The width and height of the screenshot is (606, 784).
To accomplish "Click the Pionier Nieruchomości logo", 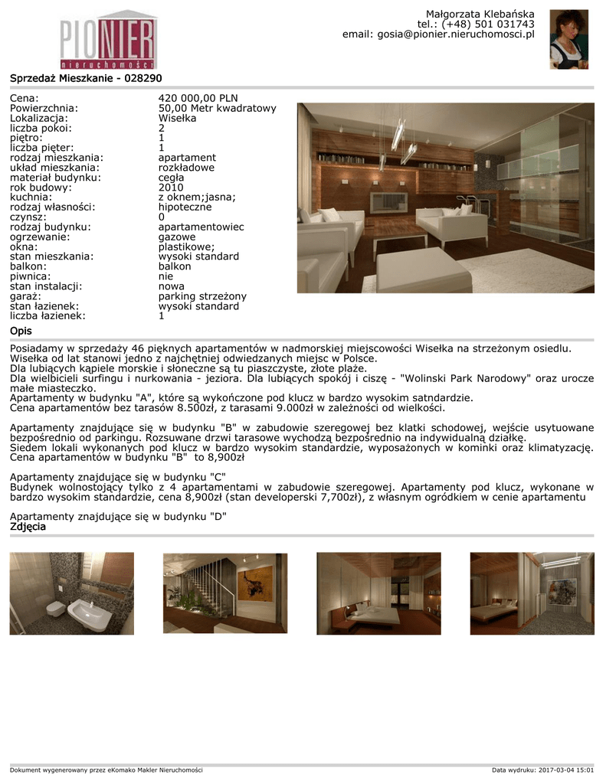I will [108, 38].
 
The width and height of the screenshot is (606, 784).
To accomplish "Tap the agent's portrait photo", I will [568, 39].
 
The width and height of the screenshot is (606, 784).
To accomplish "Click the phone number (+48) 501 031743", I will [488, 24].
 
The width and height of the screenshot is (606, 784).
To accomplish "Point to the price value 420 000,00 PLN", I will [198, 99].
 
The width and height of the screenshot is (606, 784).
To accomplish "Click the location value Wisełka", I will [178, 119].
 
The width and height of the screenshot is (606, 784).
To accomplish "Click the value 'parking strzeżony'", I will [202, 296].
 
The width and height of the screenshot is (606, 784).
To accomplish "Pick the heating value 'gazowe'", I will [177, 237].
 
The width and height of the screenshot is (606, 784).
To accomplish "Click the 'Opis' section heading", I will [21, 331].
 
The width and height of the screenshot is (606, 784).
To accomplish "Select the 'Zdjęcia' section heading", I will [28, 527].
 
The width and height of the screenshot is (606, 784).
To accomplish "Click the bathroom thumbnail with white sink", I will [72, 593].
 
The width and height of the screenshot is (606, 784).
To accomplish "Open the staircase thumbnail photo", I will [225, 593].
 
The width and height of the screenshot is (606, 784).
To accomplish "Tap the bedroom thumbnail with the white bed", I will [378, 593].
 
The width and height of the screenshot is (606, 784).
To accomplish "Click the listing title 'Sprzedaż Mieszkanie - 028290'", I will [86, 78].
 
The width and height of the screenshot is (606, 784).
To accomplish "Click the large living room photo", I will [446, 198].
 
